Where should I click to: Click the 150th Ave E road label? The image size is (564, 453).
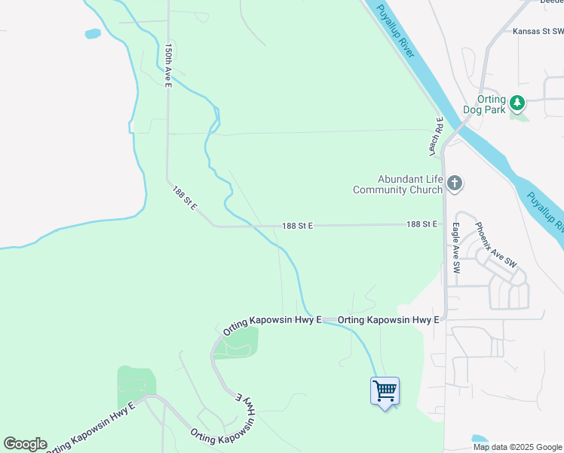169,65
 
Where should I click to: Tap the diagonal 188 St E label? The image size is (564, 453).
185,197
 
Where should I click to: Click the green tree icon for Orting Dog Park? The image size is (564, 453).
516,102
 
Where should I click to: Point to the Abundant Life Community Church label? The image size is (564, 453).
397,184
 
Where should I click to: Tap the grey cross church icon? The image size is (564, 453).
454,183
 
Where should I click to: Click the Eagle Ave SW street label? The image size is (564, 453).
456,247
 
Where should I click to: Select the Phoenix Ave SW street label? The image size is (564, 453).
495,244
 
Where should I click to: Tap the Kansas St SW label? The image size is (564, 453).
538,32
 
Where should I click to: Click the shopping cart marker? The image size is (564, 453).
385,391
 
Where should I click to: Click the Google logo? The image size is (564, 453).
25,444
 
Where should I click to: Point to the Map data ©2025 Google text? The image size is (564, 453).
517,447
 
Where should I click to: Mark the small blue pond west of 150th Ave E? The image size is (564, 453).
93,34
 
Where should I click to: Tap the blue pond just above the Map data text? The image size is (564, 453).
480,439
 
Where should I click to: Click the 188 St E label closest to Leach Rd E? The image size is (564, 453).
422,224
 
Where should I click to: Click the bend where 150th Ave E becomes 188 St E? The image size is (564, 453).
168,181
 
